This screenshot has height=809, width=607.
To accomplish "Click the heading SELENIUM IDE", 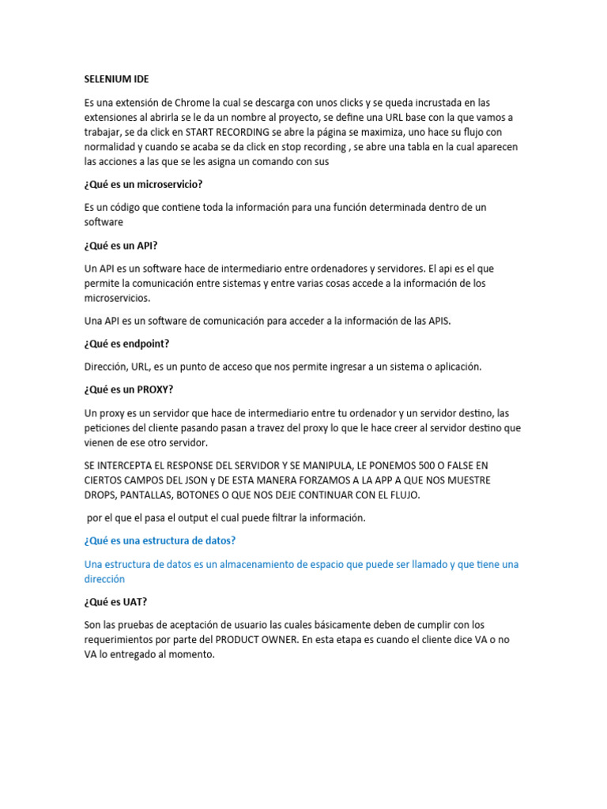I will tap(116, 80).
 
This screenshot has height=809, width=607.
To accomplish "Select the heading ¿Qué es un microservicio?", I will tap(143, 184).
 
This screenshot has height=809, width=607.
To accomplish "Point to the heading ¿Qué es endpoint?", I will tap(126, 344).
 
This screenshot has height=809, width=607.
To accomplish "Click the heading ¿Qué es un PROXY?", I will tap(128, 389).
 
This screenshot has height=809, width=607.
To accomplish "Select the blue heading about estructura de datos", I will tap(160, 540).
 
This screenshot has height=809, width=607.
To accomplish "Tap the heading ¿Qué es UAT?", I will tap(115, 601).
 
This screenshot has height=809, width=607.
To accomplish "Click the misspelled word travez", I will tap(293, 427).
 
